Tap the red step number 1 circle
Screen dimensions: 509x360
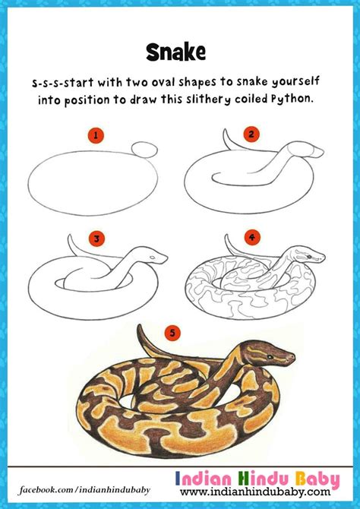point(96,136)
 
